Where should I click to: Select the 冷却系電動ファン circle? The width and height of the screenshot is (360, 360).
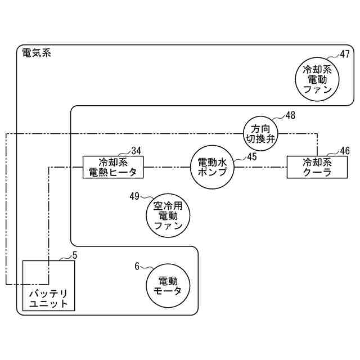point(319,79)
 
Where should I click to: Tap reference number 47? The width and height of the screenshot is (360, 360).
point(345,54)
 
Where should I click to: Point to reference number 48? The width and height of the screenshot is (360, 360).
point(290,116)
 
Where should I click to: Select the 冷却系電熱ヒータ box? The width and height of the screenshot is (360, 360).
point(113,167)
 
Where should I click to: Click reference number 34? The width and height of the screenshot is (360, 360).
point(136,150)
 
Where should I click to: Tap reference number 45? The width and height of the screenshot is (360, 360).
point(251,157)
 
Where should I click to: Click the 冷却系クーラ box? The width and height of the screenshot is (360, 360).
point(317,167)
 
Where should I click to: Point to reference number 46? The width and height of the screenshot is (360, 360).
point(345,151)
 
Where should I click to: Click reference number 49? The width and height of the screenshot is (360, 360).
point(134,196)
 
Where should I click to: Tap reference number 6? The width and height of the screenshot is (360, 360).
point(137,266)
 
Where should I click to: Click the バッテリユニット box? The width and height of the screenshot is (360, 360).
point(48,286)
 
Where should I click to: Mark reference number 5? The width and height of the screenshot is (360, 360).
point(75,255)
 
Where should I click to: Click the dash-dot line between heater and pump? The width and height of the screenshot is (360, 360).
point(167,166)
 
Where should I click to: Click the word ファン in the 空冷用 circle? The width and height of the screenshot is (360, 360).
point(168,227)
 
